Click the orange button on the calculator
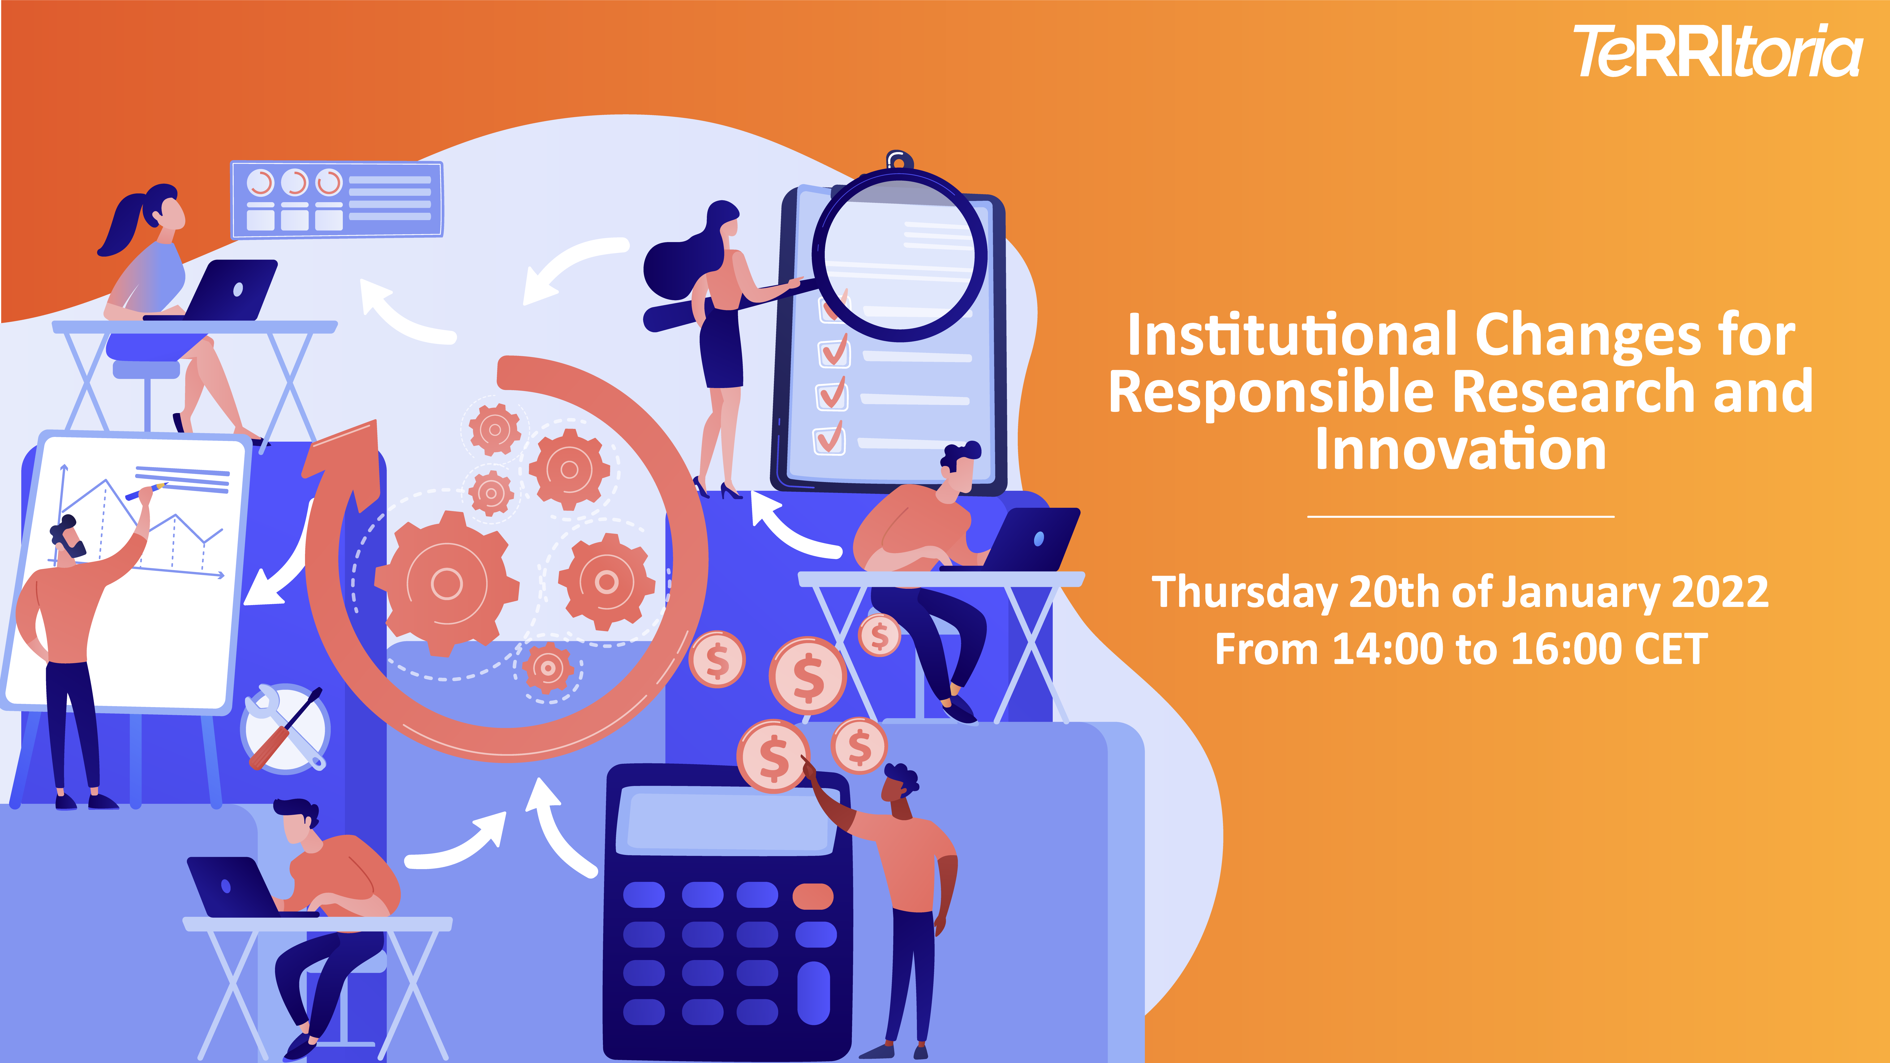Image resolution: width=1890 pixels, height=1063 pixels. (x=813, y=896)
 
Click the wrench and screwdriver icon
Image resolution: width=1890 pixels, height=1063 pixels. (x=285, y=729)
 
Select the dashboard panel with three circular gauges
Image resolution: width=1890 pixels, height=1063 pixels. (x=338, y=200)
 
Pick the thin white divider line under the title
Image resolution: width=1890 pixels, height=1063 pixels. (x=1461, y=517)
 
